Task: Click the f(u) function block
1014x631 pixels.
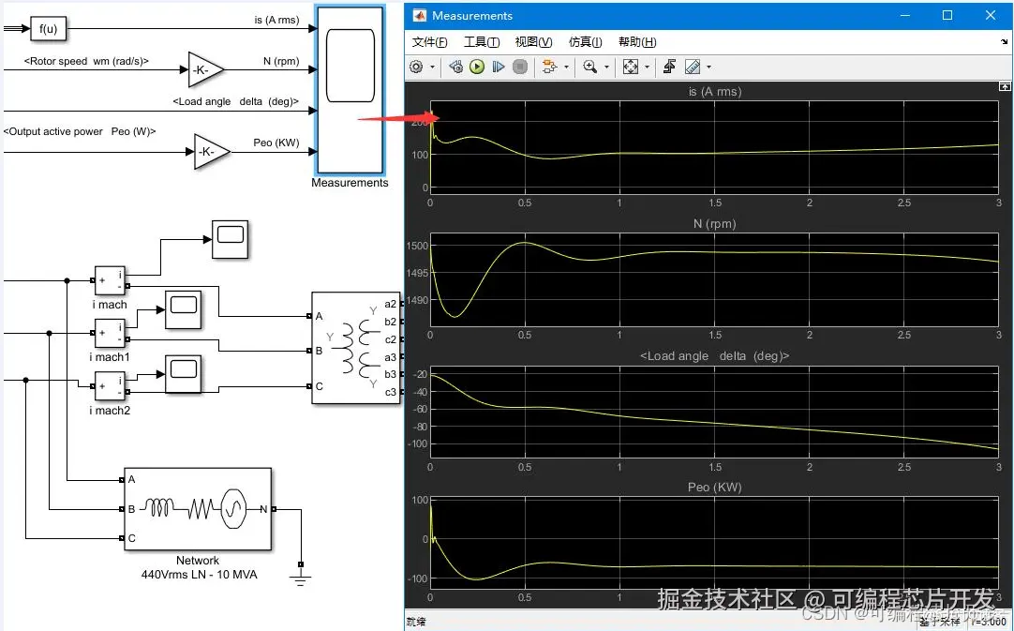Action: coord(48,29)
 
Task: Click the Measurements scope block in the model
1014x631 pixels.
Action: coord(350,90)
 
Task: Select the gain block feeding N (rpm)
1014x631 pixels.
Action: coord(205,68)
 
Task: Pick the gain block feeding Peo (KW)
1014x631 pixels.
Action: coord(211,152)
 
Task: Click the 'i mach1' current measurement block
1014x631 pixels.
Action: coord(110,332)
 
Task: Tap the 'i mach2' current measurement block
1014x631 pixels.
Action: coord(110,384)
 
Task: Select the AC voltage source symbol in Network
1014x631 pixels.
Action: coord(232,509)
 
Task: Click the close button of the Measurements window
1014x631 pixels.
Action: coord(991,15)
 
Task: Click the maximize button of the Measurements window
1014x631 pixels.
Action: coord(947,15)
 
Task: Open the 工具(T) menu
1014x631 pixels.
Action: coord(482,42)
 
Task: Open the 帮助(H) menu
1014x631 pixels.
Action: coord(637,42)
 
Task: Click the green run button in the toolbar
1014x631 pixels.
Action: coord(477,67)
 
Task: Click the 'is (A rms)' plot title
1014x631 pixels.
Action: coord(714,92)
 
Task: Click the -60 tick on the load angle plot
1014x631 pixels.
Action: coord(418,409)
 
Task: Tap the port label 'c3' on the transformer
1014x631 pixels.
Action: coord(391,392)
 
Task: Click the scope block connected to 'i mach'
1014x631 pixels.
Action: coord(230,240)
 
